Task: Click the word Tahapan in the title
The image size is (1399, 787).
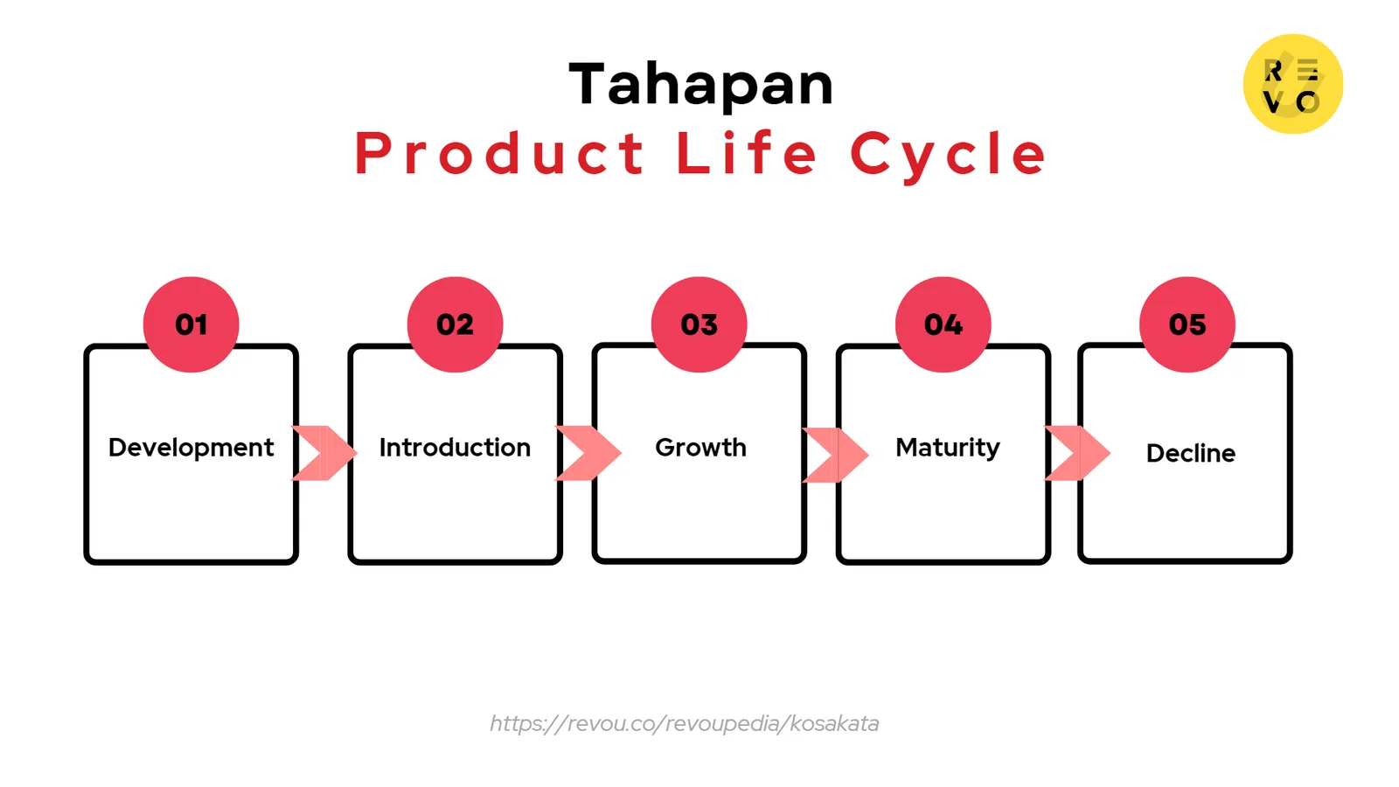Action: tap(701, 85)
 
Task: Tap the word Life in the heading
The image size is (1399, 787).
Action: tap(748, 154)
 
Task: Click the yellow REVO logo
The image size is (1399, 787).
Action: tap(1292, 84)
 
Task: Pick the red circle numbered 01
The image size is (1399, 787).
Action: tap(191, 324)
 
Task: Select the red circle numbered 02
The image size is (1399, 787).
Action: tap(455, 324)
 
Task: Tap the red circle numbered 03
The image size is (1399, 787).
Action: tap(699, 324)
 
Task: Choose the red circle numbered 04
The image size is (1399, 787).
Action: tap(943, 324)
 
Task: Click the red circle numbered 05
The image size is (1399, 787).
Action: tap(1187, 324)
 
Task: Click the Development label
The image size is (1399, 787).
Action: tap(191, 448)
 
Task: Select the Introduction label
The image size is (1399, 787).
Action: tap(455, 448)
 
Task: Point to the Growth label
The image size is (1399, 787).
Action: tap(700, 448)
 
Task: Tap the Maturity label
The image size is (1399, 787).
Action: tap(947, 448)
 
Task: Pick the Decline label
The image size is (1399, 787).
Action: tap(1190, 453)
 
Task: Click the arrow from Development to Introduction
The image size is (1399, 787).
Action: tap(324, 453)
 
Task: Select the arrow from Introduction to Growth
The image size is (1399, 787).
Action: tap(588, 453)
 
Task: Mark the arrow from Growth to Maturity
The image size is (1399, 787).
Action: tap(836, 455)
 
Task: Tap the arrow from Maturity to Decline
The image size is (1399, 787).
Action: tap(1077, 453)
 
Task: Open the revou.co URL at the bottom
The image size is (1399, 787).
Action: tap(684, 723)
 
